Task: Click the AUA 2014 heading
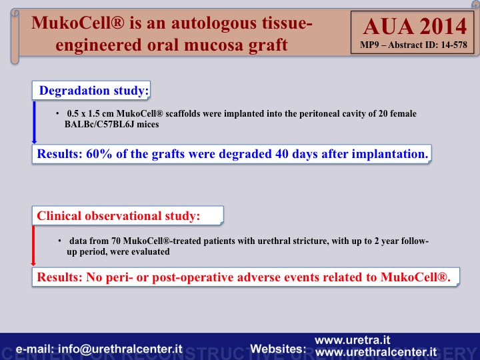point(415,27)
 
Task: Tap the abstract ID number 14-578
point(454,45)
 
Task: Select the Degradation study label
point(94,91)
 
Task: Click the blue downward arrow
point(34,123)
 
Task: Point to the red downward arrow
point(33,245)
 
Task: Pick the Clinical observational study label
point(118,216)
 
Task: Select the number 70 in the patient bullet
point(116,241)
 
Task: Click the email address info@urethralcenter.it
point(120,349)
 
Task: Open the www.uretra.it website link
point(353,340)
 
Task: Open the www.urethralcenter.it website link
point(376,352)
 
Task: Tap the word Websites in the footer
point(278,349)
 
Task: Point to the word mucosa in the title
point(214,45)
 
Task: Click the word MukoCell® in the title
point(78,23)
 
